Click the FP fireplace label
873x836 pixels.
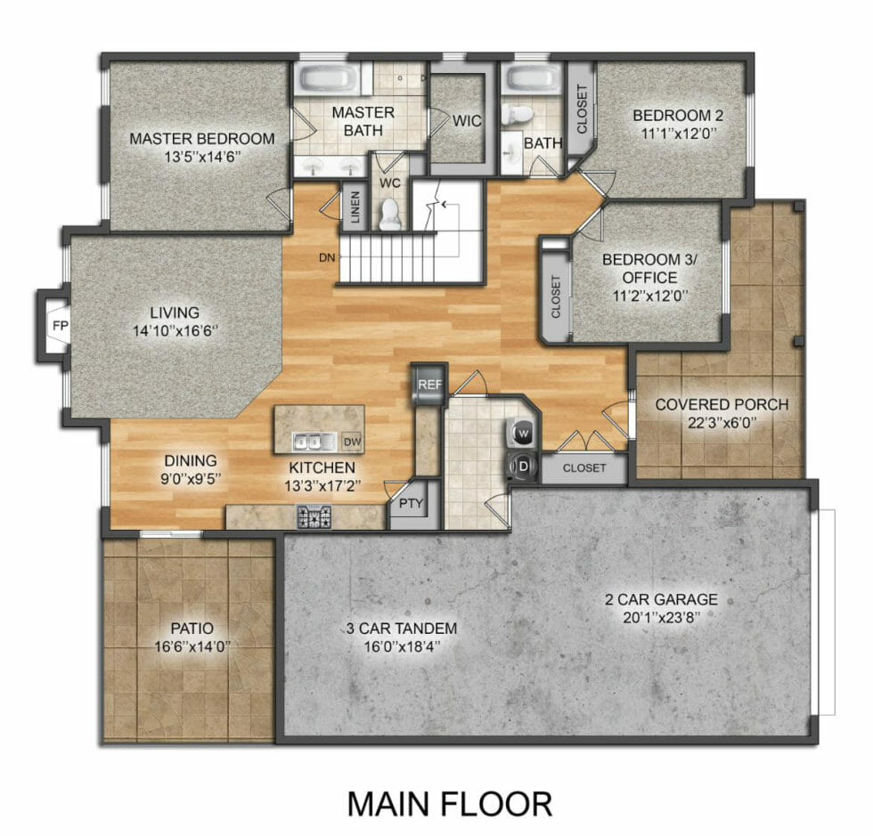point(60,325)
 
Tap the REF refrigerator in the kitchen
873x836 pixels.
point(429,386)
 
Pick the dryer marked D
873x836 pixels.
point(521,464)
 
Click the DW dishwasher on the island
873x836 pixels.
point(351,441)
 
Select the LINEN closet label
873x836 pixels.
point(355,209)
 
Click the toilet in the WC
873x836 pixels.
point(390,214)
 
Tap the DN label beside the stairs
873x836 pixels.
point(326,258)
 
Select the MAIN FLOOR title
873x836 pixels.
point(449,803)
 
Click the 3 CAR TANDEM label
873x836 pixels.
point(402,629)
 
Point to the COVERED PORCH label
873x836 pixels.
point(722,405)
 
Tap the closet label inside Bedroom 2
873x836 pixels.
point(582,110)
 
